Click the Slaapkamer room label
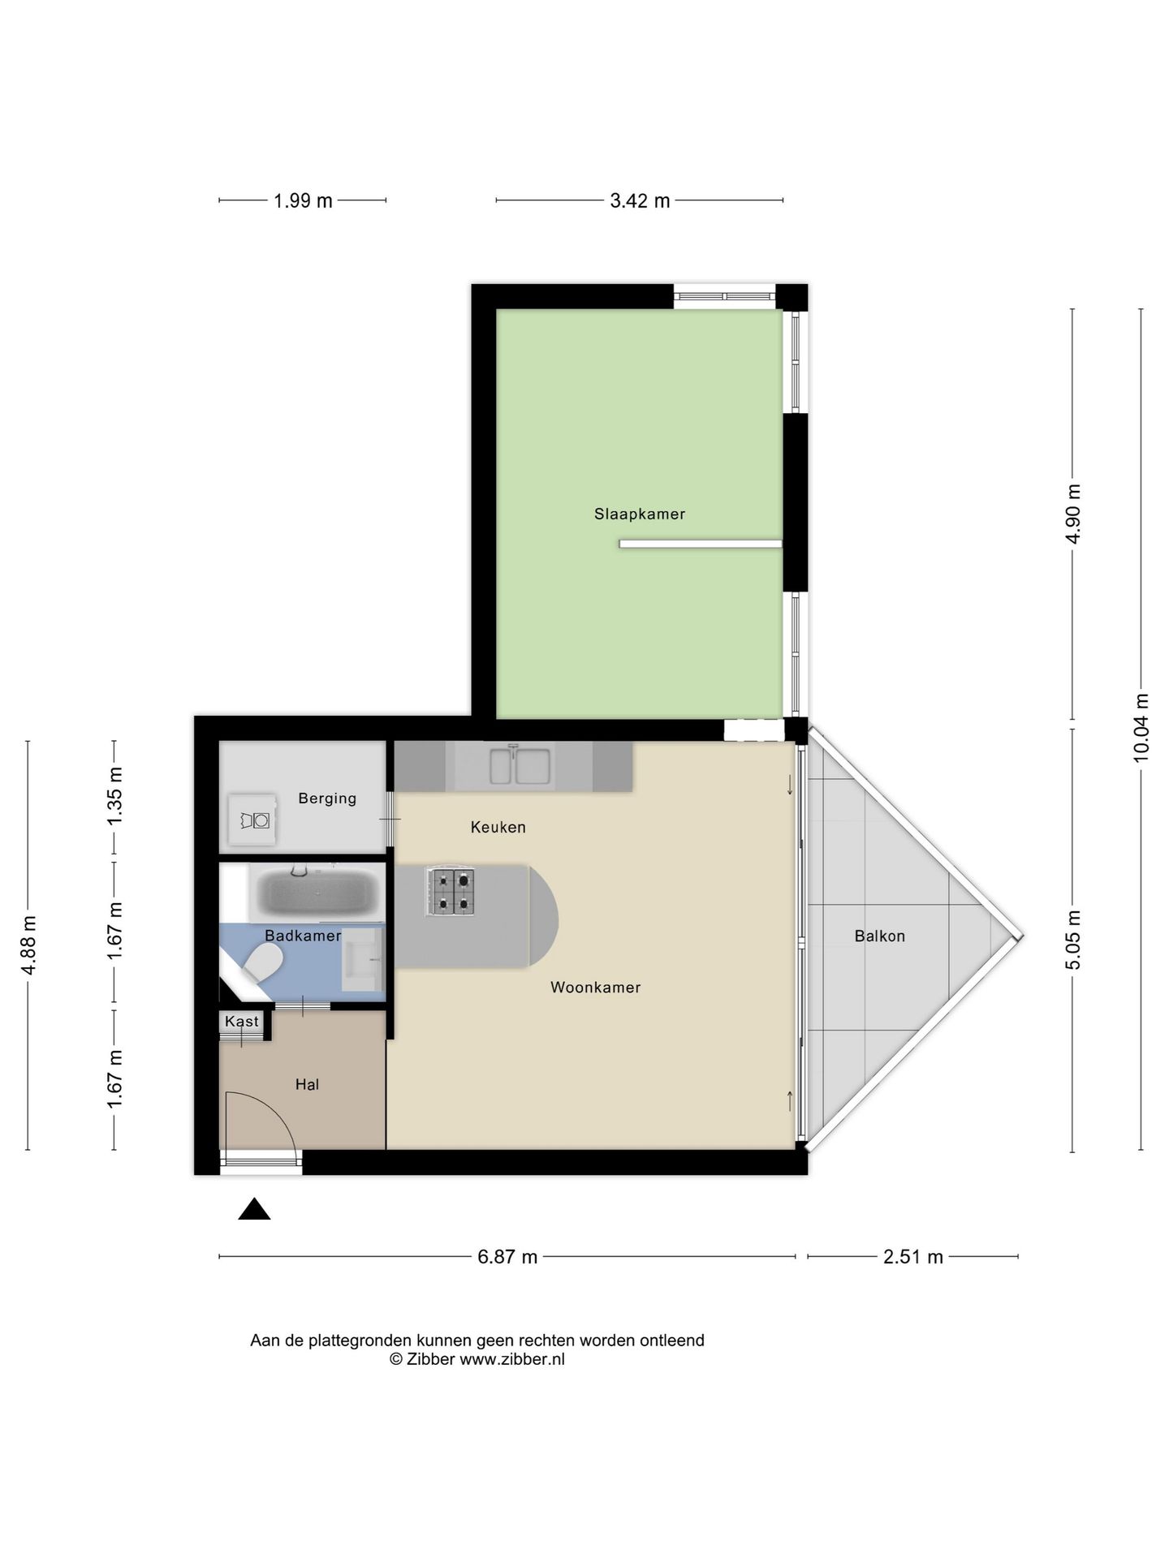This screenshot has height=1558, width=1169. [x=640, y=514]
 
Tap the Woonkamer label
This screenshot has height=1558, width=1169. [x=596, y=988]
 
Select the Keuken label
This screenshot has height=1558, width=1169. [x=498, y=827]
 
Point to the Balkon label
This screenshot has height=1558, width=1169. [x=879, y=936]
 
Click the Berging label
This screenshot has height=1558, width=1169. [x=327, y=798]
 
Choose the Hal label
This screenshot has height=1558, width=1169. [x=307, y=1084]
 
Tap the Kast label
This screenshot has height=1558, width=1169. [x=242, y=1022]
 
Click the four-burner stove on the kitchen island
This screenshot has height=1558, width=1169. [x=450, y=892]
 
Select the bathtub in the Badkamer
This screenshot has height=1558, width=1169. [x=317, y=893]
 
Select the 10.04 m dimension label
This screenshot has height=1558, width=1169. [x=1141, y=727]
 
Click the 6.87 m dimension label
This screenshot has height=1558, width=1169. [x=507, y=1257]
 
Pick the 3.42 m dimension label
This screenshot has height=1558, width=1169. [x=640, y=200]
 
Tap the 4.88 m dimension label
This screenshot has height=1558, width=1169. [x=28, y=945]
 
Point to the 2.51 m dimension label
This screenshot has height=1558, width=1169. [x=913, y=1257]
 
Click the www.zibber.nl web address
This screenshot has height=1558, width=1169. [x=512, y=1359]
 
